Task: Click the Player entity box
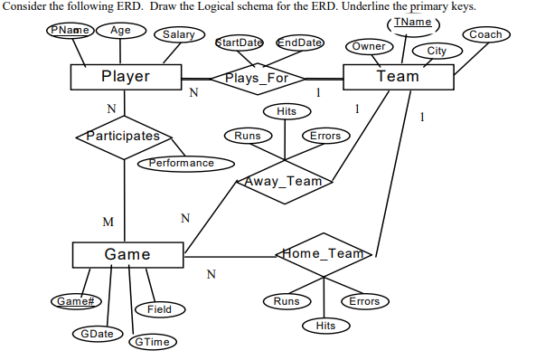point(126,77)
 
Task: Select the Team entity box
point(398,76)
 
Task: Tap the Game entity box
point(127,254)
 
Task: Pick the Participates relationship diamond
point(123,137)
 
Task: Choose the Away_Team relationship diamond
point(285,181)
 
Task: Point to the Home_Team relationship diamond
point(324,254)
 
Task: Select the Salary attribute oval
point(178,35)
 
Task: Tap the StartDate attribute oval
point(240,43)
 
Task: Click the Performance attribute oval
point(182,163)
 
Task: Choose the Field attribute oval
point(159,309)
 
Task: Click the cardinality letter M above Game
point(108,221)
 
